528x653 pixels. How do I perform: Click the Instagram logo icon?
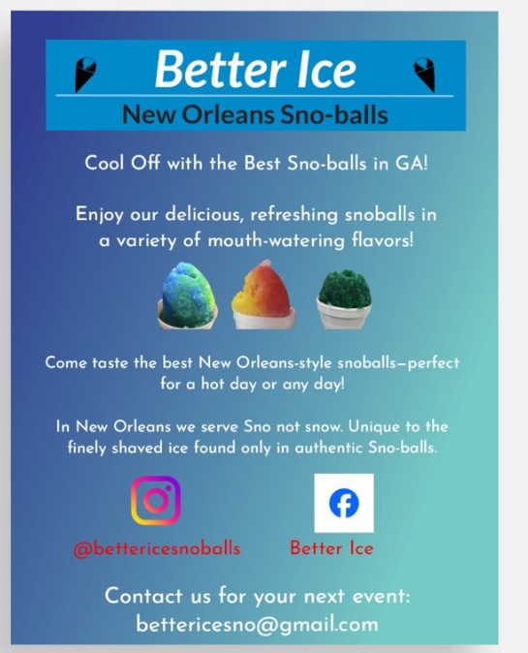click(x=156, y=501)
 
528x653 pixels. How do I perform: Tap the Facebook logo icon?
click(x=344, y=502)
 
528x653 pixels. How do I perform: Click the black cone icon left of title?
click(x=86, y=73)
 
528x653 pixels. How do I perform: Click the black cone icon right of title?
click(x=423, y=73)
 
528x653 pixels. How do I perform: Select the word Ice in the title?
click(x=318, y=69)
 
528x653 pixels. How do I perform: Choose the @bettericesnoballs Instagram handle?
click(x=157, y=547)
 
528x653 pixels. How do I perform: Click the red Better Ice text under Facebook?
click(x=331, y=547)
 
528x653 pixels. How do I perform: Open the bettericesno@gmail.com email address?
click(x=257, y=624)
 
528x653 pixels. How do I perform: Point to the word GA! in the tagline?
click(x=408, y=163)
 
